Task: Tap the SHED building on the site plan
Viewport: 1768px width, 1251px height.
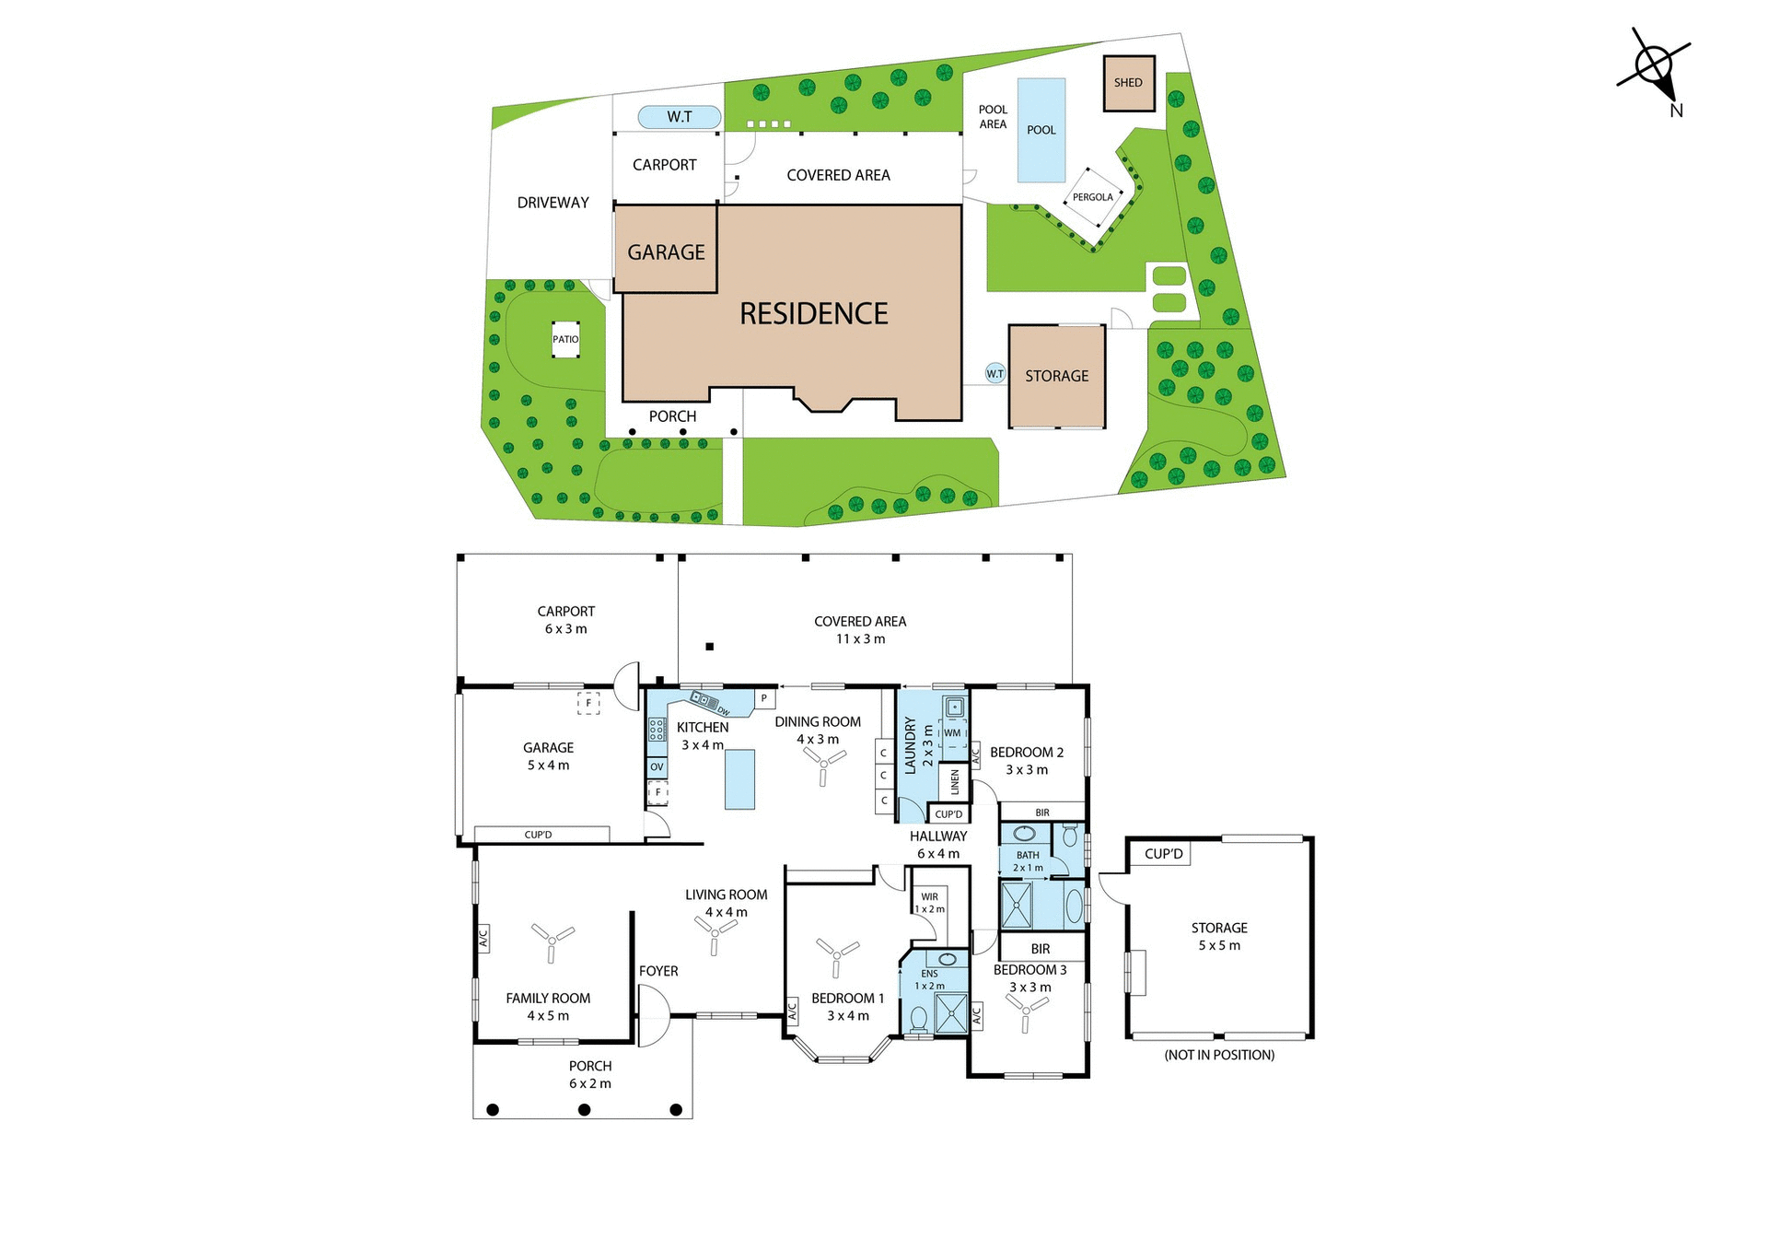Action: point(1128,83)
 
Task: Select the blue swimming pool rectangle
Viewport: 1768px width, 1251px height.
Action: point(1041,130)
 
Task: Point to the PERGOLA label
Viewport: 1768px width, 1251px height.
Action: point(1092,197)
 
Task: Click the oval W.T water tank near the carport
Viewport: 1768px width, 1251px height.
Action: point(680,117)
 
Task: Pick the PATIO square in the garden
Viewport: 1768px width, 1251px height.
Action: point(565,339)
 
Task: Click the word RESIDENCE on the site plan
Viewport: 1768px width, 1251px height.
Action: point(814,314)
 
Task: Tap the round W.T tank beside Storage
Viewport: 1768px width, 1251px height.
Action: point(994,373)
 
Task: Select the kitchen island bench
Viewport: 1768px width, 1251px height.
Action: point(739,779)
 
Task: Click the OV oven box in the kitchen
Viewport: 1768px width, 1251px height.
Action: point(657,766)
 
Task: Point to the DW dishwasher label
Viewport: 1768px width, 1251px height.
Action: point(724,710)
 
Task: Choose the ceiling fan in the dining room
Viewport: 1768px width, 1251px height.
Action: point(823,763)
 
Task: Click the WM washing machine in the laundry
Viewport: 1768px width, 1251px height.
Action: point(952,733)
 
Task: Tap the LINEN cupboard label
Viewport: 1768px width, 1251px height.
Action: point(955,782)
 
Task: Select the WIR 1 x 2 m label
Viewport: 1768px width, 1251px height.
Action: point(929,903)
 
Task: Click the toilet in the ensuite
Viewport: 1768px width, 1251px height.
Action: point(918,1019)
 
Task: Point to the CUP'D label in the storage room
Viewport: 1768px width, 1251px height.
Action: point(1163,854)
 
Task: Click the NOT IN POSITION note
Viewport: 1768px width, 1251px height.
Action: point(1219,1055)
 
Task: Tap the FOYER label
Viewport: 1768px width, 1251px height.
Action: point(658,971)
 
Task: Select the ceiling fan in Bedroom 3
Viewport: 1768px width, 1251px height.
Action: point(1026,1011)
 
